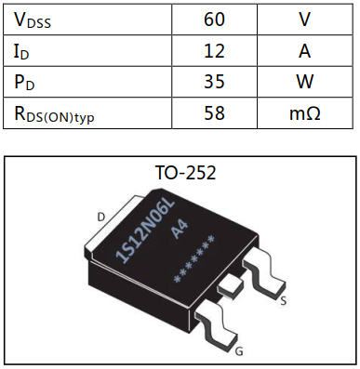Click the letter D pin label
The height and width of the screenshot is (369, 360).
101,217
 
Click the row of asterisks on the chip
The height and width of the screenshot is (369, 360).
197,261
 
